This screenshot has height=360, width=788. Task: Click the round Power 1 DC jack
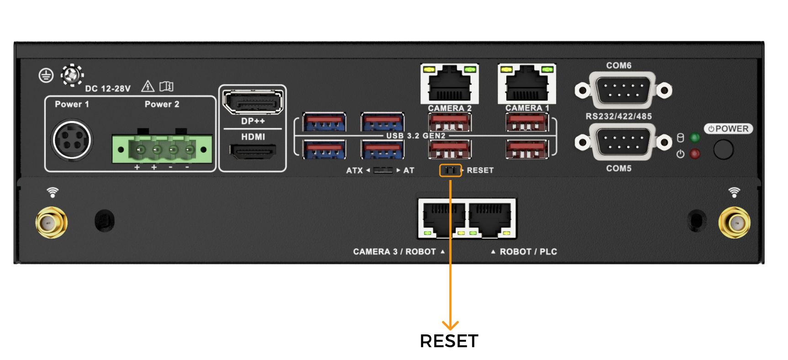[x=72, y=140]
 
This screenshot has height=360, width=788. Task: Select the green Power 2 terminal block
[x=162, y=149]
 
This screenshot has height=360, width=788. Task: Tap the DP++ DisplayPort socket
[x=253, y=101]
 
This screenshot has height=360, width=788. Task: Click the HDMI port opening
[x=253, y=151]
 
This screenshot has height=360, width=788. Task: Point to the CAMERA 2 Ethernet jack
[x=450, y=84]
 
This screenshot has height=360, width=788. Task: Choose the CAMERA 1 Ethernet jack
[x=527, y=84]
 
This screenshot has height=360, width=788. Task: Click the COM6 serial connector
[x=623, y=90]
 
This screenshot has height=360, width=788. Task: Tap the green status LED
[x=695, y=138]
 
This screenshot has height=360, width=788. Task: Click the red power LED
[x=695, y=154]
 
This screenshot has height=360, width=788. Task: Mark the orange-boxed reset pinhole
[x=450, y=170]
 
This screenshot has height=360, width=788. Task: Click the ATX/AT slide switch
[x=383, y=170]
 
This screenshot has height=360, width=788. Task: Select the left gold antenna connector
[x=51, y=223]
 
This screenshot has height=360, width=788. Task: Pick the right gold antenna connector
[x=734, y=223]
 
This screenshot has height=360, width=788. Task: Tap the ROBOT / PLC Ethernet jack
[x=491, y=219]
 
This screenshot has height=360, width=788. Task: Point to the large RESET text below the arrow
[x=449, y=341]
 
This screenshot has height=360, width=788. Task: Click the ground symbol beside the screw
[x=46, y=75]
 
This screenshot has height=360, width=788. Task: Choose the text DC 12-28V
[x=108, y=89]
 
